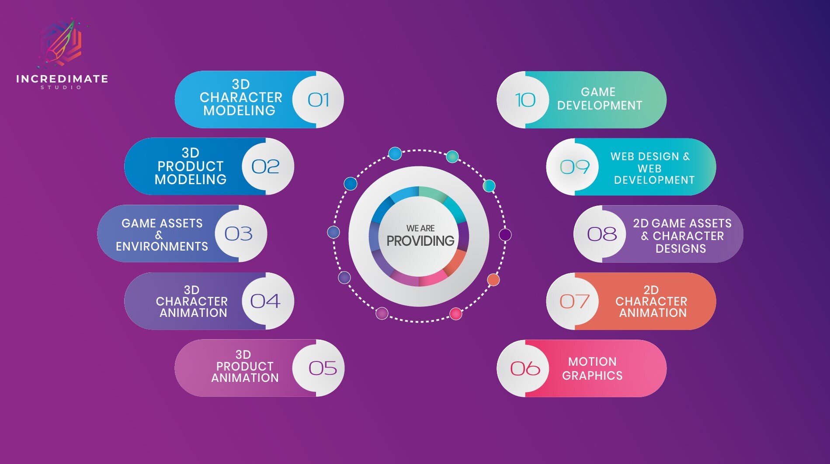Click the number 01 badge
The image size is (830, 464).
318,100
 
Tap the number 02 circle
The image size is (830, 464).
267,166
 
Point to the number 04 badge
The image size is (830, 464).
267,301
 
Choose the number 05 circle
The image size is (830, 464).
318,368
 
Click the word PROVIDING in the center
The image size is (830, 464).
420,241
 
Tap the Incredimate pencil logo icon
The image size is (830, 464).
61,43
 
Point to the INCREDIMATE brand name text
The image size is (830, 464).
62,79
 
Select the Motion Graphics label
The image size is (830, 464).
592,368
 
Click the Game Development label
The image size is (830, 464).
600,99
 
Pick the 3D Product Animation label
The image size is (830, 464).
245,366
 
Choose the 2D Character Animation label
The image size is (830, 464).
652,301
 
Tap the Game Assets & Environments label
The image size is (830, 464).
162,235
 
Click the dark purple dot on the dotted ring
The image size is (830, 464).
505,235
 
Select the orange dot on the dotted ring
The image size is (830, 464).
493,280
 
